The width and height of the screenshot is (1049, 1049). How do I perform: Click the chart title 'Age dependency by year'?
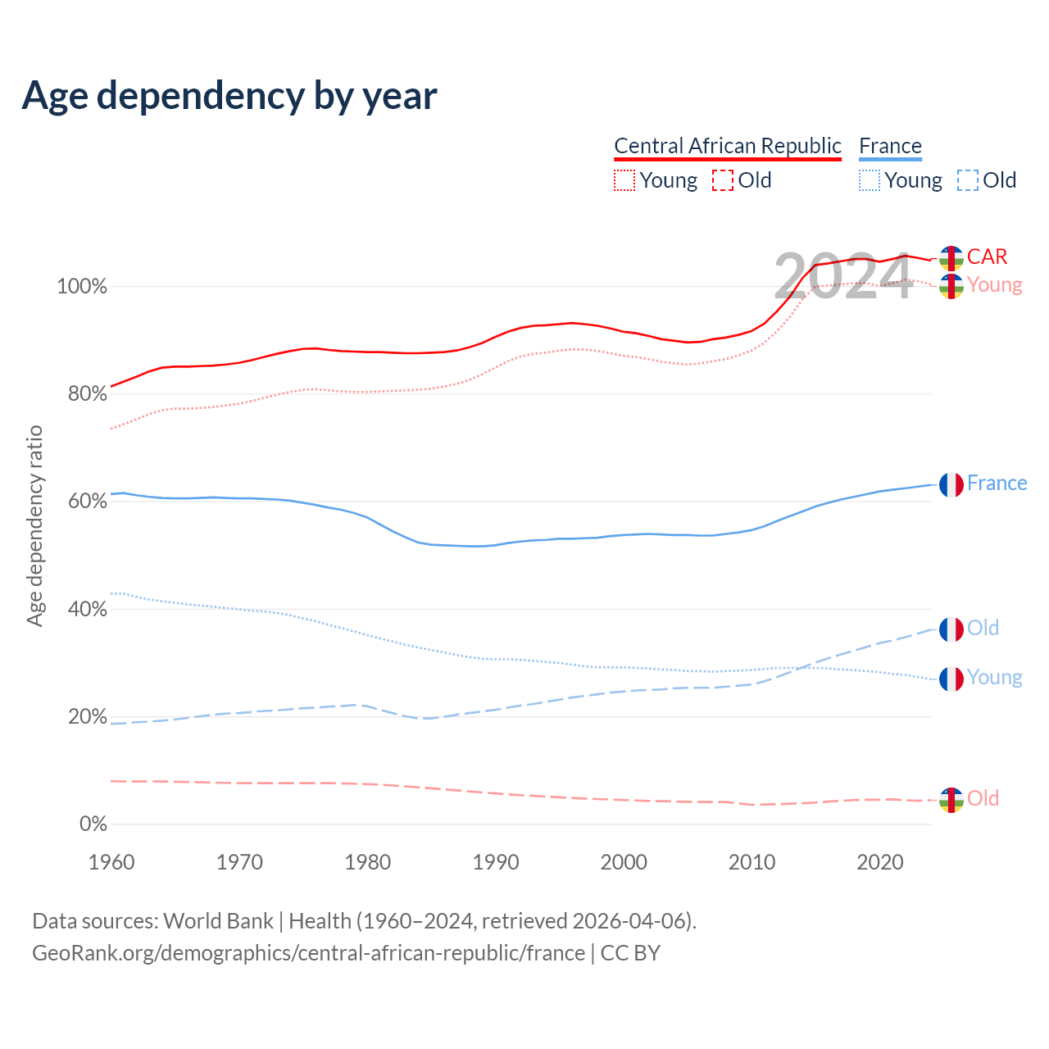(229, 95)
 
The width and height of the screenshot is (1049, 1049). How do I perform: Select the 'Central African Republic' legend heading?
(727, 146)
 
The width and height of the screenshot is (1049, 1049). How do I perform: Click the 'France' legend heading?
(890, 146)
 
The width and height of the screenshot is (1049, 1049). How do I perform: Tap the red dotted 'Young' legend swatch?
(624, 180)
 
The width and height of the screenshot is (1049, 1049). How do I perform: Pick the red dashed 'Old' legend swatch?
(723, 180)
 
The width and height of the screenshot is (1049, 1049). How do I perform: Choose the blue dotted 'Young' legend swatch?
(870, 180)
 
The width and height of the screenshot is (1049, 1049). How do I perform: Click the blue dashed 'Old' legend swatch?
(968, 180)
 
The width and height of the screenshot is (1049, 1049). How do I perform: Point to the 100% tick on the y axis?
(81, 287)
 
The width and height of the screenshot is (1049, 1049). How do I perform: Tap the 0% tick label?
(93, 824)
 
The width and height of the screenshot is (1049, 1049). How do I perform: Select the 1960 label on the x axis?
(111, 862)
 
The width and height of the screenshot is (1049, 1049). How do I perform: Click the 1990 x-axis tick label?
(496, 862)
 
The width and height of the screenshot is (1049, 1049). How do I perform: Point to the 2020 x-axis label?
(880, 862)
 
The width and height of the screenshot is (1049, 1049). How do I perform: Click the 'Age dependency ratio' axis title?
(34, 525)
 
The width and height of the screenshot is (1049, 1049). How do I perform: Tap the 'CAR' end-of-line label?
(987, 257)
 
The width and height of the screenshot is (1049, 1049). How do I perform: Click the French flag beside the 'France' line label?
(951, 484)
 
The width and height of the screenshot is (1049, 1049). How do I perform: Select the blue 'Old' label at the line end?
(983, 628)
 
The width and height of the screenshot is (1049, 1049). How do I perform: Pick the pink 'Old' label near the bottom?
(983, 798)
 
